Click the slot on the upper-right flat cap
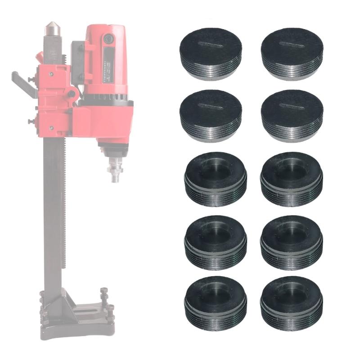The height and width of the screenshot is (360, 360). (291, 44)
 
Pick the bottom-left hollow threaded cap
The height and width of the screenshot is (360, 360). (216, 299)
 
